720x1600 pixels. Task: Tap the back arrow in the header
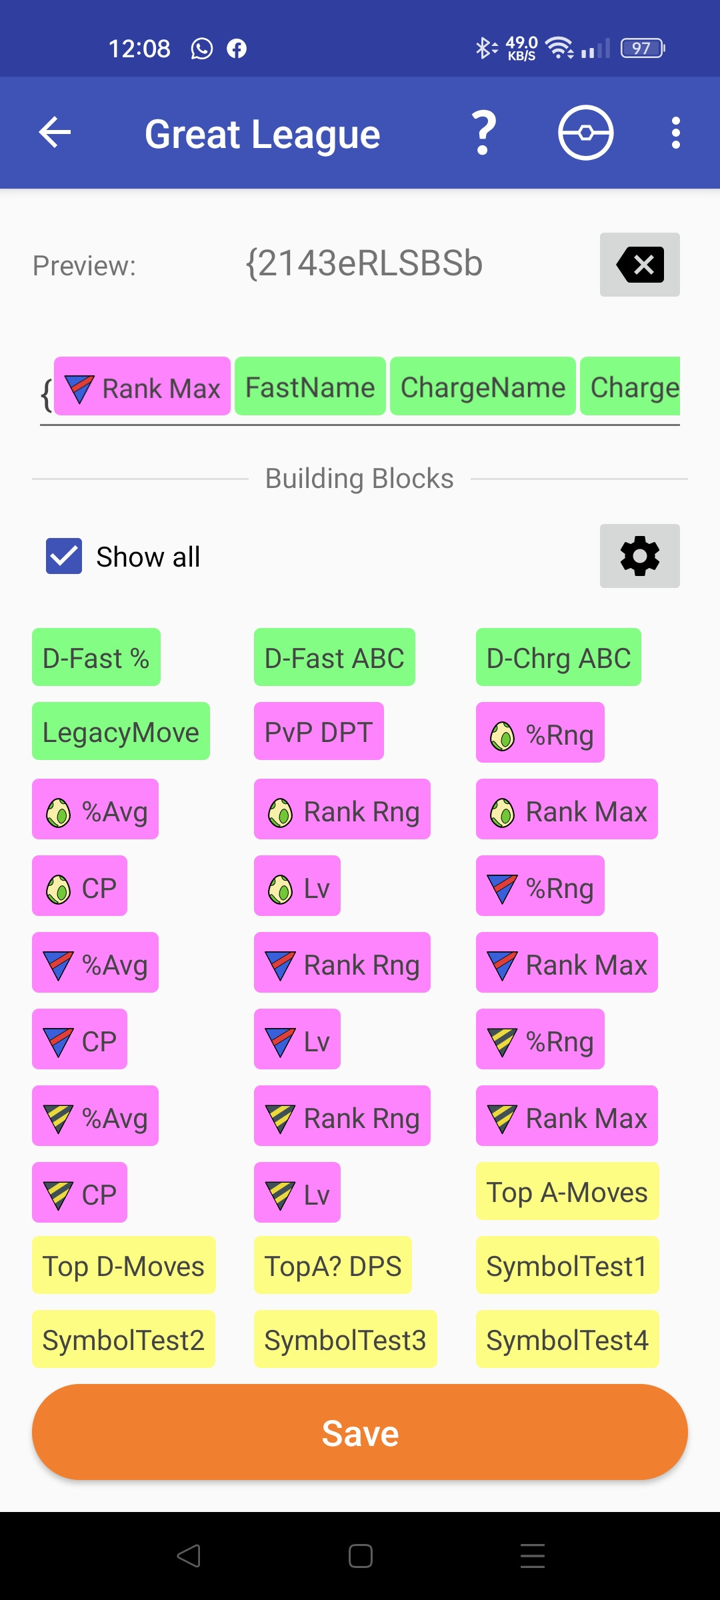click(x=55, y=132)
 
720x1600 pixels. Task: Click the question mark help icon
click(x=484, y=133)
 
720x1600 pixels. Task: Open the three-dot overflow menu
click(x=675, y=133)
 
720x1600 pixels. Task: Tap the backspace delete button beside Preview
click(x=639, y=265)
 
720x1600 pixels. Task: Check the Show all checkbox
click(x=64, y=556)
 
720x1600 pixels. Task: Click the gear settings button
click(x=639, y=556)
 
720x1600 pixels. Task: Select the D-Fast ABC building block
click(x=334, y=657)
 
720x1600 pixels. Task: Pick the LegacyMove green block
click(x=121, y=731)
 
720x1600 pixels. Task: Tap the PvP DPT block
click(x=319, y=731)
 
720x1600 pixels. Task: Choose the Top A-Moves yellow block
click(x=567, y=1191)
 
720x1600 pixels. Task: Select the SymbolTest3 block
click(x=345, y=1339)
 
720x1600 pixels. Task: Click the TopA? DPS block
click(x=333, y=1265)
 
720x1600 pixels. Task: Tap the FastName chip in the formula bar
click(x=310, y=387)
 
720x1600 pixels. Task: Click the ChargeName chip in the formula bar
click(x=483, y=387)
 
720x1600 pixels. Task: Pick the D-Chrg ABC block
click(x=558, y=657)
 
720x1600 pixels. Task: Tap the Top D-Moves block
click(x=123, y=1265)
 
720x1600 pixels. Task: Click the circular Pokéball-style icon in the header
click(x=585, y=133)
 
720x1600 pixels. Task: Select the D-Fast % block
click(x=96, y=657)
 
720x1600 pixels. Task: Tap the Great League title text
click(x=263, y=134)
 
